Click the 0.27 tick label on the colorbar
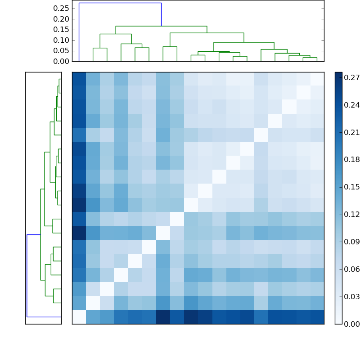click(x=351, y=78)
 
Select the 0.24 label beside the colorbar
click(x=351, y=105)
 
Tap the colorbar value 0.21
click(x=351, y=133)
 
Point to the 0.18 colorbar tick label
click(x=351, y=160)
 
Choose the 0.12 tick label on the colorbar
click(x=351, y=215)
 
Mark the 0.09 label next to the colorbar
click(x=351, y=242)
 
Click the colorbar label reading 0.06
click(x=351, y=269)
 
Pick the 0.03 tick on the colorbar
click(x=351, y=297)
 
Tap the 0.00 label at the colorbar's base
click(x=351, y=324)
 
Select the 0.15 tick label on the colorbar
click(x=351, y=187)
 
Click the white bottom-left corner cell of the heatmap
click(x=79, y=317)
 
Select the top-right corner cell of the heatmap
click(x=317, y=79)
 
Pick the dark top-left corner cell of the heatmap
click(x=79, y=79)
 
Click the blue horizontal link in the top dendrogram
click(x=120, y=3)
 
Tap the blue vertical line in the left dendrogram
click(x=27, y=275)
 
